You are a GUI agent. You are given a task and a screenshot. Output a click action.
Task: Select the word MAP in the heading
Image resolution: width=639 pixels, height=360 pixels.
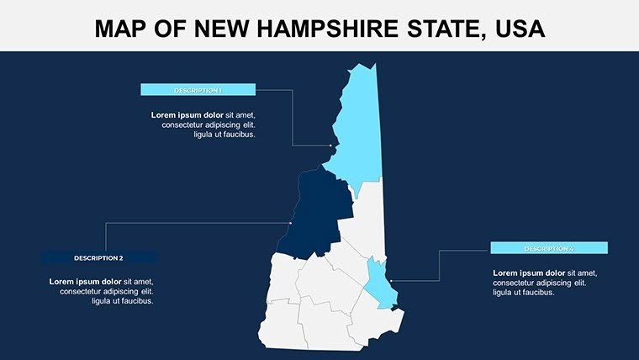tap(121, 29)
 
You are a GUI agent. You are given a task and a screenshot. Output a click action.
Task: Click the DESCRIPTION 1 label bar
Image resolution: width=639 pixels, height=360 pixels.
tap(198, 90)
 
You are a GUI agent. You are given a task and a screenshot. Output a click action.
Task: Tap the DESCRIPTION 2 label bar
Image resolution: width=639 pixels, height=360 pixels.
tap(98, 257)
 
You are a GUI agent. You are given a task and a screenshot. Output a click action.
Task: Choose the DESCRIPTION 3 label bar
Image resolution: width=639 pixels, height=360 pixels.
tap(548, 248)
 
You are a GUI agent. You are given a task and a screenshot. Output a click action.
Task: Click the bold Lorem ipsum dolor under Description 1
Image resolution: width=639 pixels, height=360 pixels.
tap(187, 114)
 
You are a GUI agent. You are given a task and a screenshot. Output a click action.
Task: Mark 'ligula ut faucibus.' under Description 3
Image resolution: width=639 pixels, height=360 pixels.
tap(524, 293)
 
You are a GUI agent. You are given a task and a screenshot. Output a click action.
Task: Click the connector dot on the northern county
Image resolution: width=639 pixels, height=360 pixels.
tap(333, 146)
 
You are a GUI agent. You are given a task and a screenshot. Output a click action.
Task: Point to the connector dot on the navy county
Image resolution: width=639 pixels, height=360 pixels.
tap(291, 223)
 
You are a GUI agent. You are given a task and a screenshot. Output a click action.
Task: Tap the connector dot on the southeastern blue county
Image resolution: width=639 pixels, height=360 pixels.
tap(392, 281)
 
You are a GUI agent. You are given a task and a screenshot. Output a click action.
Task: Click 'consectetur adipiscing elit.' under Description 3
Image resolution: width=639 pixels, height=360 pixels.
tap(541, 283)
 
